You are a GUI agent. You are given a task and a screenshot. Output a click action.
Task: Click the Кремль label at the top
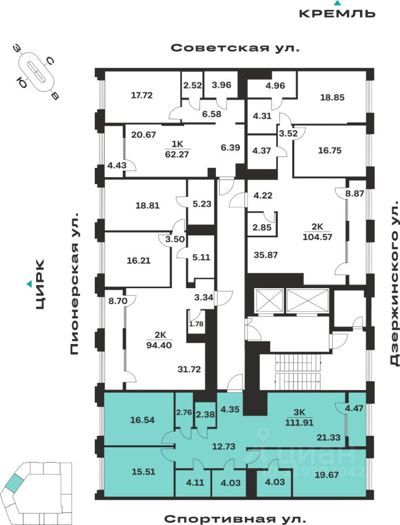337,13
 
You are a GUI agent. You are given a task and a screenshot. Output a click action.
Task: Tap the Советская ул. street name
236,48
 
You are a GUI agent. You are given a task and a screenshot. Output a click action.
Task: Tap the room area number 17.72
141,95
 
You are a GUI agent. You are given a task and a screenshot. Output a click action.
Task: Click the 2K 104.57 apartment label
318,232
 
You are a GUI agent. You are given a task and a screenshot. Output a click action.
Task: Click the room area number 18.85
332,97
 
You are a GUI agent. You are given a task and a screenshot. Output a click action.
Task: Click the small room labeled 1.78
196,324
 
